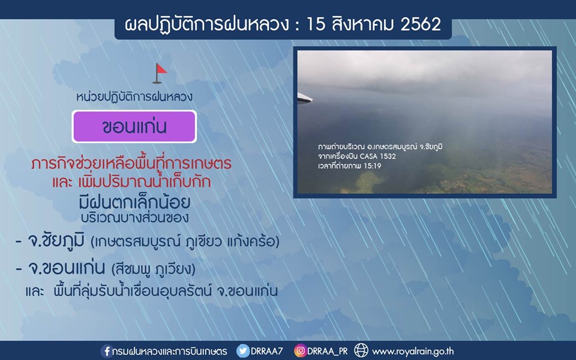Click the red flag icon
coord(160,73)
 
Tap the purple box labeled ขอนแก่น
coord(134,127)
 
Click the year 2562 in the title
coord(421,24)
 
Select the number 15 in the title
coord(316,24)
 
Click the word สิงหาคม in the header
coord(362,24)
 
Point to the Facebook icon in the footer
coord(107,351)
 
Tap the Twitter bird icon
coord(242,351)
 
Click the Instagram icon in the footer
coord(300,351)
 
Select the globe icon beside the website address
coord(361,350)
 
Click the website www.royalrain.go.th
coord(413,352)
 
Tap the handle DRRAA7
coord(266,351)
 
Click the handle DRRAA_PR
coord(328,351)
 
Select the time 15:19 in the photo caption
coord(373,166)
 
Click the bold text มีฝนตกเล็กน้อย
coord(134,202)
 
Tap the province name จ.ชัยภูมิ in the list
coord(56,241)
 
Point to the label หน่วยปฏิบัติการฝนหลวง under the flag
coord(134,97)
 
